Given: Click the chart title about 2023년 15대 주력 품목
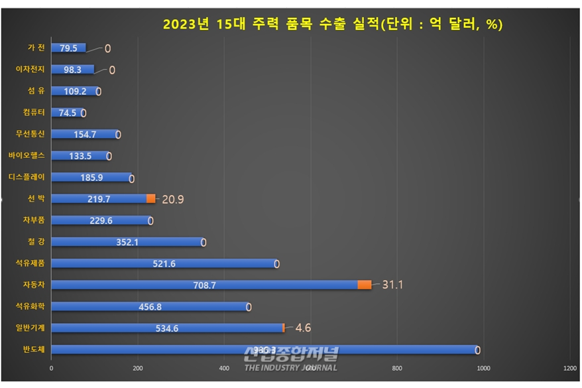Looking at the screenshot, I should [x=333, y=25].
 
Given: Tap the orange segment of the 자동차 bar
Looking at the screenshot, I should [x=364, y=285].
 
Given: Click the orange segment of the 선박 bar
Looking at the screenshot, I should [x=150, y=198].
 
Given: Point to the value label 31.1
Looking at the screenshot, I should [x=392, y=285].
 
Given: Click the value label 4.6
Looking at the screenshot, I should [x=302, y=328].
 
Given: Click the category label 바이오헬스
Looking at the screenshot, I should [x=26, y=156].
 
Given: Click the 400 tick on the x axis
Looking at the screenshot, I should [x=224, y=369].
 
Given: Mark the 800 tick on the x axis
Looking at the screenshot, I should [x=397, y=369].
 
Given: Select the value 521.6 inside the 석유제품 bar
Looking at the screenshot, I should [x=164, y=263].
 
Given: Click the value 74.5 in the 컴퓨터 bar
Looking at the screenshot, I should [x=67, y=113].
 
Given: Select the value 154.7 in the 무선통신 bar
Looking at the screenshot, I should [x=84, y=134].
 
